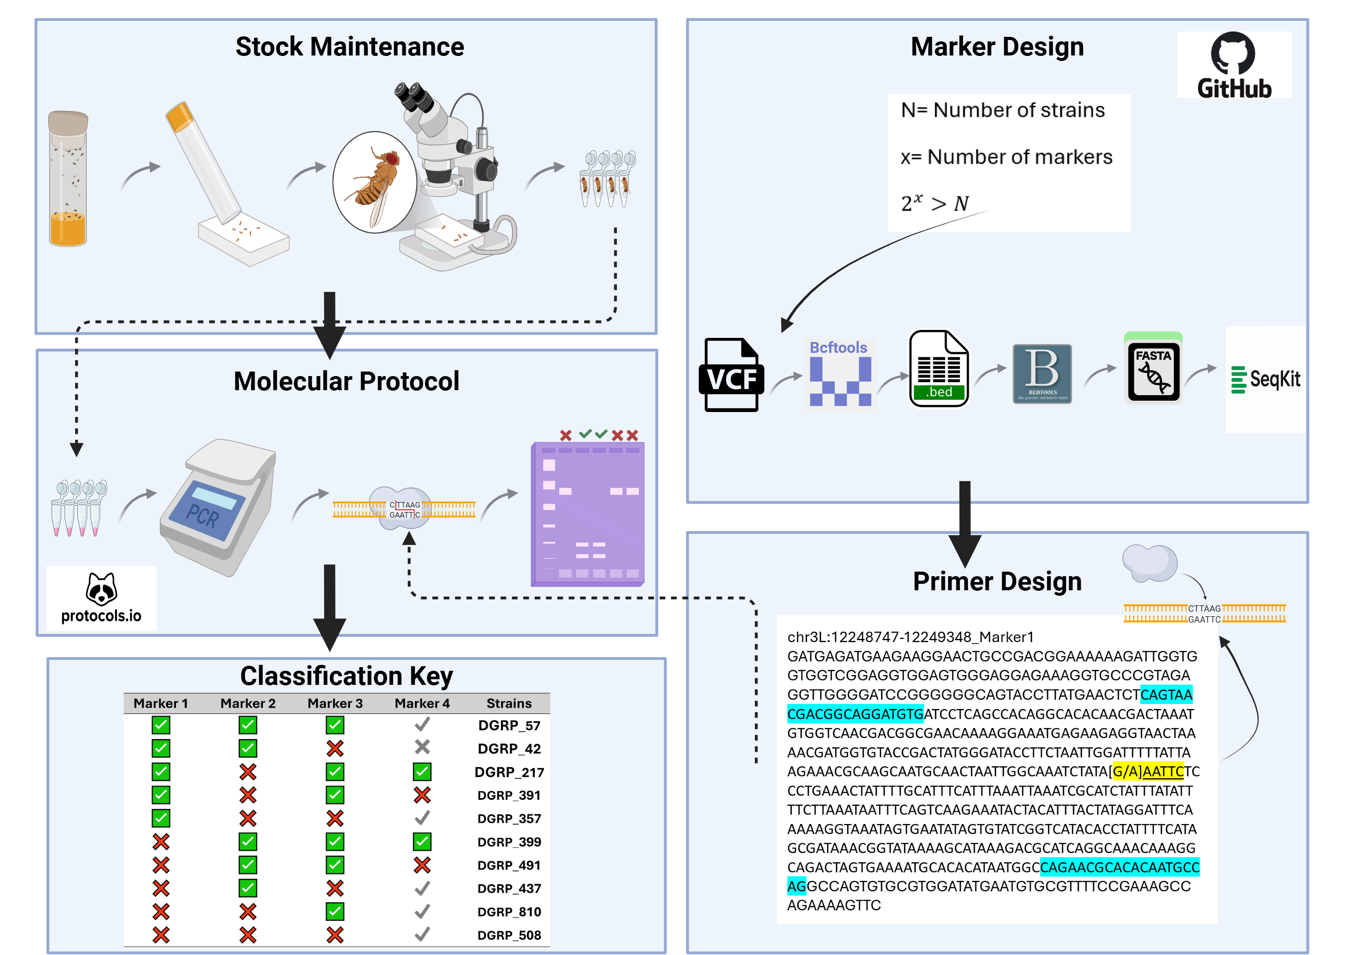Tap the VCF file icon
click(x=731, y=375)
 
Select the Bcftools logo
click(x=839, y=374)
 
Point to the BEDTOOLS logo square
click(x=1042, y=374)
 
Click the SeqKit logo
click(x=1265, y=379)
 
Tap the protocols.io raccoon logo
click(x=101, y=597)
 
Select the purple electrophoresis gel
click(x=587, y=514)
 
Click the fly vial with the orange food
click(x=68, y=179)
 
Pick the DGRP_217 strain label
click(x=509, y=772)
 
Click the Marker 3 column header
click(x=335, y=703)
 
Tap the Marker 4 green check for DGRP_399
click(x=422, y=841)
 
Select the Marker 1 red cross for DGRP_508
click(x=161, y=935)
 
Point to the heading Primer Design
click(x=997, y=581)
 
